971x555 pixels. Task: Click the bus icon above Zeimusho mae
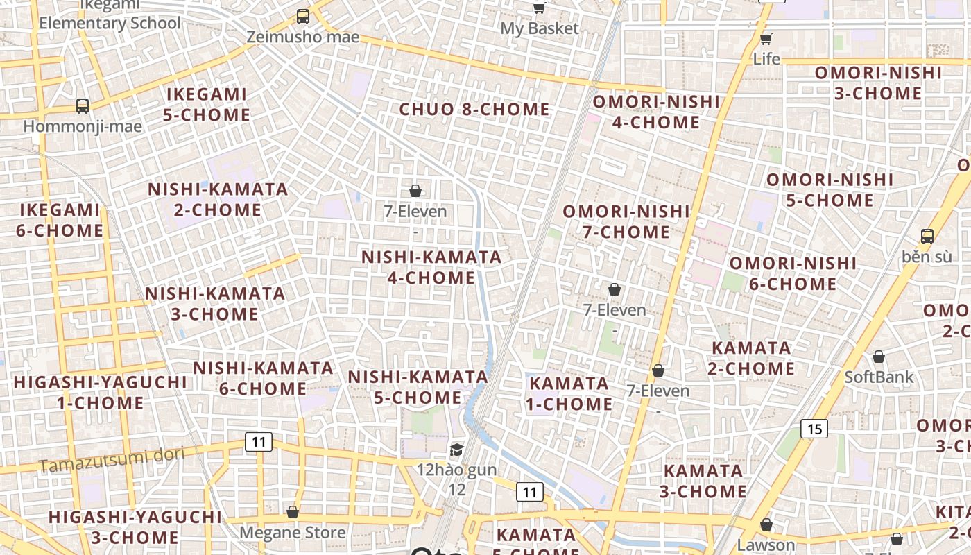click(x=302, y=16)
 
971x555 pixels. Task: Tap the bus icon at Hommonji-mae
click(x=83, y=106)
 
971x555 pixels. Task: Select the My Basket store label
click(x=539, y=28)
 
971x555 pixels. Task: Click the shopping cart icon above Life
click(x=766, y=39)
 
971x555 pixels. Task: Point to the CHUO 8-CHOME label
click(x=474, y=110)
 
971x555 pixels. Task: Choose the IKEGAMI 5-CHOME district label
click(x=206, y=105)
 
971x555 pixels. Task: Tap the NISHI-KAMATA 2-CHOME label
click(x=218, y=199)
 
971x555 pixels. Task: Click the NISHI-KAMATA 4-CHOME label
click(x=431, y=267)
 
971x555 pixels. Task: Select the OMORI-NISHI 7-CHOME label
click(x=626, y=221)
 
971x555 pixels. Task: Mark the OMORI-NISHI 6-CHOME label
click(x=793, y=273)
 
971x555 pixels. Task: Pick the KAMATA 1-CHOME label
click(x=569, y=393)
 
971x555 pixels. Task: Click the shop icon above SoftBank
click(x=879, y=357)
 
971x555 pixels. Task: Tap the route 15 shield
click(x=814, y=429)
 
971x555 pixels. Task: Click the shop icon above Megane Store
click(x=293, y=512)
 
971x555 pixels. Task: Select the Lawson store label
click(x=766, y=545)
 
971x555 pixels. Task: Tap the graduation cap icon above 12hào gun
click(x=456, y=450)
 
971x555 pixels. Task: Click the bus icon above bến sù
click(x=927, y=236)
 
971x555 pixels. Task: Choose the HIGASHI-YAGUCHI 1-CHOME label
click(x=100, y=392)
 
